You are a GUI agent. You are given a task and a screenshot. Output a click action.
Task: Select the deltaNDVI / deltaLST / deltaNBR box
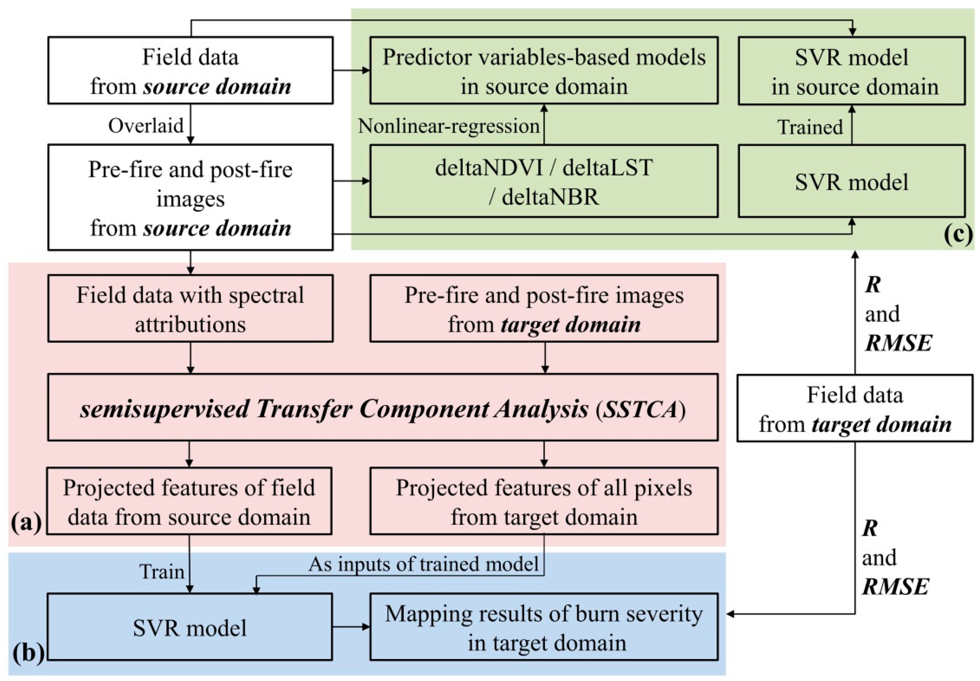pos(543,181)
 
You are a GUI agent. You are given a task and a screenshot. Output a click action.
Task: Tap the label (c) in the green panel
pos(958,234)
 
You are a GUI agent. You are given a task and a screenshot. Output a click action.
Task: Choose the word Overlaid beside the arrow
pos(146,126)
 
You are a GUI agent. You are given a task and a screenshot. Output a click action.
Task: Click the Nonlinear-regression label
pos(449,126)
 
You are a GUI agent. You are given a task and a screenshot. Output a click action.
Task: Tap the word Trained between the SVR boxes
pos(810,127)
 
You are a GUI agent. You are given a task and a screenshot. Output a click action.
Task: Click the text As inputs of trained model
pos(424,564)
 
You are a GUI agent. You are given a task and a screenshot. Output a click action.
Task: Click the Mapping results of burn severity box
pos(543,627)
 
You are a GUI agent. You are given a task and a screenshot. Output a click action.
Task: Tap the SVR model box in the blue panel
pos(190,627)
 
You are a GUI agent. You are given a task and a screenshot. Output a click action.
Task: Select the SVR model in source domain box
pos(851,71)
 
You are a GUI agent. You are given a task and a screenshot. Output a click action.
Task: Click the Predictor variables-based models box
pos(543,71)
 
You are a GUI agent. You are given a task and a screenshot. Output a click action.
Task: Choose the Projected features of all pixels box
pos(543,501)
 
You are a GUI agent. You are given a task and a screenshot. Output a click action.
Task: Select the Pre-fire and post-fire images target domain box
pos(543,309)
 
